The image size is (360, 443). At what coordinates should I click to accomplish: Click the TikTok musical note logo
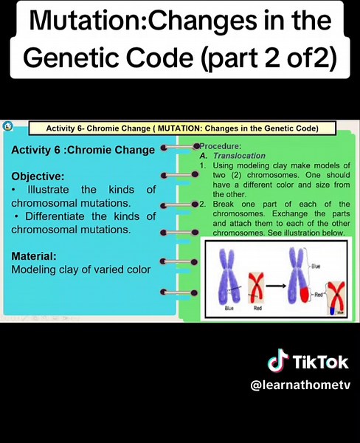(277, 362)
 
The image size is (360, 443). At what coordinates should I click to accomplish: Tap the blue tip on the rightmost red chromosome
(331, 310)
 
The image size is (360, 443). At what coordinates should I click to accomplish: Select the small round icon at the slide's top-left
(7, 127)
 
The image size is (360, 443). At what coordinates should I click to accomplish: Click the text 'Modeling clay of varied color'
(81, 269)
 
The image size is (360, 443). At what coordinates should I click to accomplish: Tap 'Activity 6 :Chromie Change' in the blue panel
(83, 150)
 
